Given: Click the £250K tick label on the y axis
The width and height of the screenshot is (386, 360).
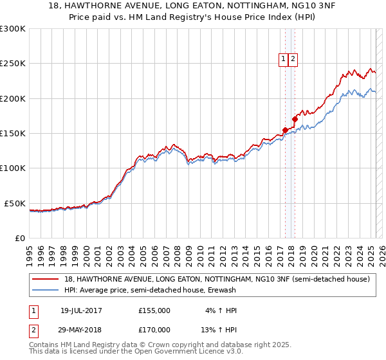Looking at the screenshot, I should tap(13, 64).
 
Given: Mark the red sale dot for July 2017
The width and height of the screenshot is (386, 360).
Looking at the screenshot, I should tap(285, 130).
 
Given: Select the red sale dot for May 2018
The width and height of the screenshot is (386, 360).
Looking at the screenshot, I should tap(295, 119).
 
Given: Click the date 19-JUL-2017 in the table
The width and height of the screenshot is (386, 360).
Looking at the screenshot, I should tap(81, 310).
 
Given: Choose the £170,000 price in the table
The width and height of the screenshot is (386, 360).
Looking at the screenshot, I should tap(154, 329).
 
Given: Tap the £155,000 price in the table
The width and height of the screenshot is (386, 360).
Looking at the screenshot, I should tap(154, 310).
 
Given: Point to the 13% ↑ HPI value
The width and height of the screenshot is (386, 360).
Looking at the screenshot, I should tap(218, 329).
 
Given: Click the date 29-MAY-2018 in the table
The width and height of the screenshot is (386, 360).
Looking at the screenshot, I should tap(81, 329).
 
